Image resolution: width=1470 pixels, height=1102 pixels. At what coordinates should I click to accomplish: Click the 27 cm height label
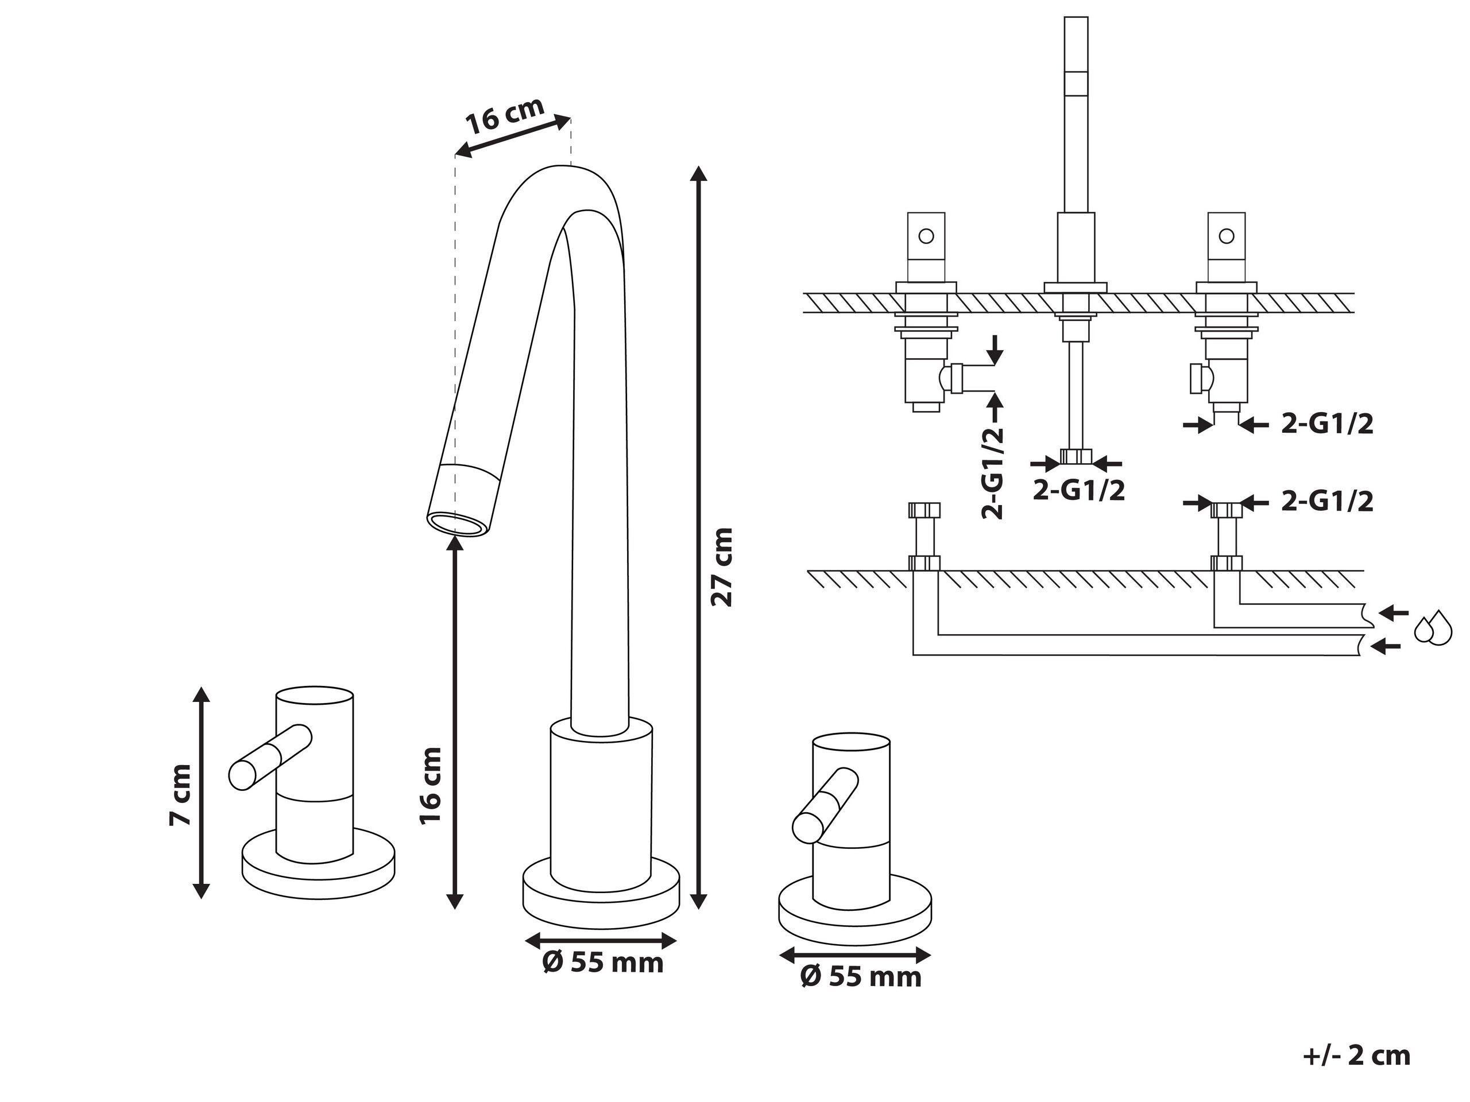(x=722, y=566)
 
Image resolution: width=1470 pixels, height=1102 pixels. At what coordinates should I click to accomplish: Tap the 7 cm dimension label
(x=180, y=795)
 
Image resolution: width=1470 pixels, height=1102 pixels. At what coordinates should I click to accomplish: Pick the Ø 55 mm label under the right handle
(x=861, y=976)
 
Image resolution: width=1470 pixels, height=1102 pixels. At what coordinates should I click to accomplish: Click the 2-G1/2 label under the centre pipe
(x=1078, y=490)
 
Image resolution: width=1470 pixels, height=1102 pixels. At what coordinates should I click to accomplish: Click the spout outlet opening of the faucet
(x=459, y=523)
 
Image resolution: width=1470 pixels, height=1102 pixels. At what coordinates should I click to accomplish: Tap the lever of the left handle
(x=269, y=757)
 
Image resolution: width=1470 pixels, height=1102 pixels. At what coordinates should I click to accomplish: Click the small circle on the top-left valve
(x=925, y=236)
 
